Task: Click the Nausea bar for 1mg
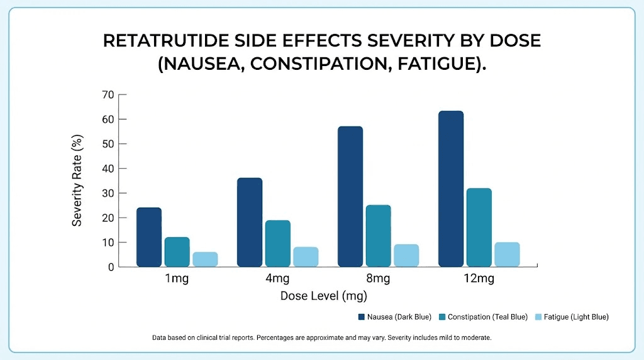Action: point(149,237)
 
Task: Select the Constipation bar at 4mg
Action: point(277,244)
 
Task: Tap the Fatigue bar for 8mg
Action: point(406,256)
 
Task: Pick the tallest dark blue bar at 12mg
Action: point(451,189)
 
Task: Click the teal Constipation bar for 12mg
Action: point(479,227)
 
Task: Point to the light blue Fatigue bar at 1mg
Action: point(205,259)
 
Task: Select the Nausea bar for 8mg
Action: point(350,196)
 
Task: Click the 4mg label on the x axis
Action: point(277,279)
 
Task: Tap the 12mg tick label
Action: point(479,279)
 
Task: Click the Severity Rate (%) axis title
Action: point(77,181)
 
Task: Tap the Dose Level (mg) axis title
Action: point(323,295)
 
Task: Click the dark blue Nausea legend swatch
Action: point(362,317)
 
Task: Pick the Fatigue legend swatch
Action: point(538,317)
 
